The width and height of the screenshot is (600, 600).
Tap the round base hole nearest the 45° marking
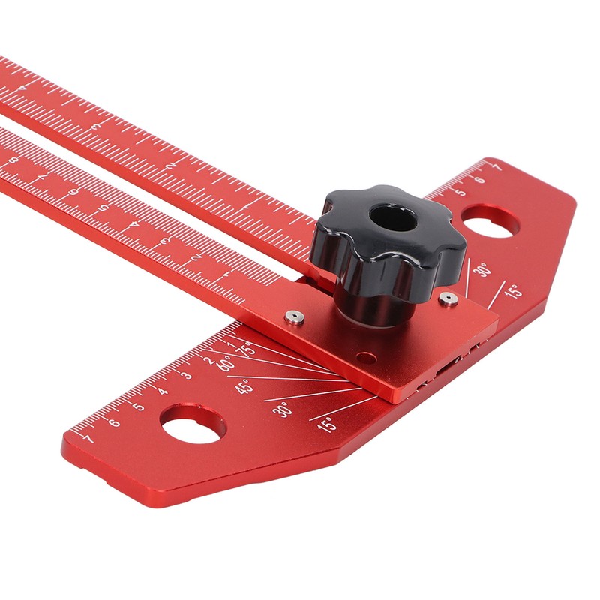(x=193, y=425)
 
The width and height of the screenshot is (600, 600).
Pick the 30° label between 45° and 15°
(x=283, y=409)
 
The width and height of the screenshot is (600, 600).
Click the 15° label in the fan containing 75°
(x=325, y=424)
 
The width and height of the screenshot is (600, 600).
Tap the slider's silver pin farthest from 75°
(x=448, y=298)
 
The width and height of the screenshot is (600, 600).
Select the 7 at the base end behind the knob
(x=496, y=168)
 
